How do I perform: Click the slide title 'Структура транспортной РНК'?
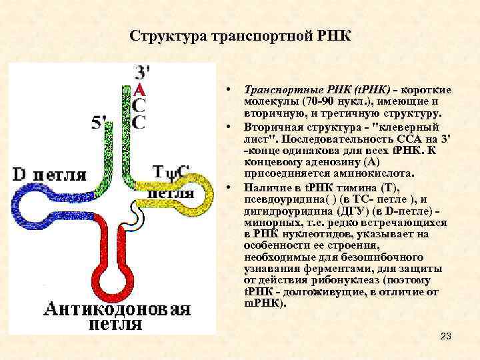pyautogui.click(x=240, y=35)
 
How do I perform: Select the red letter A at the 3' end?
pyautogui.click(x=139, y=89)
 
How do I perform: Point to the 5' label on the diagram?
pyautogui.click(x=100, y=122)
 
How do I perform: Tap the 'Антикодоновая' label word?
pyautogui.click(x=117, y=309)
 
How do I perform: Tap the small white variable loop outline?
pyautogui.click(x=137, y=213)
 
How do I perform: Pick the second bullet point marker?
pyautogui.click(x=228, y=125)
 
